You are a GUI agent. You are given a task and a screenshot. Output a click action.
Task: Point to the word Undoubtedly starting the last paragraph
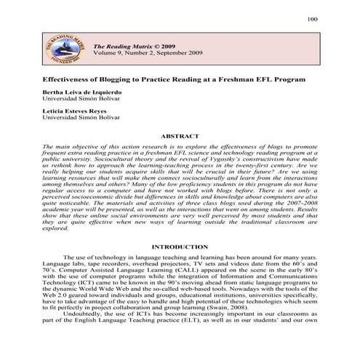(87, 318)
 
